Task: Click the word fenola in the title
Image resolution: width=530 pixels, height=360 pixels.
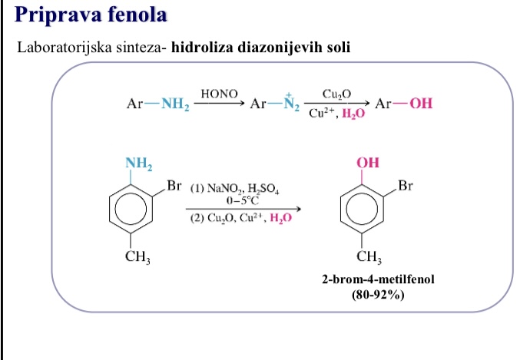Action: point(138,15)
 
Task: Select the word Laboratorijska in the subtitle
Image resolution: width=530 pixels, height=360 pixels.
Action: point(65,48)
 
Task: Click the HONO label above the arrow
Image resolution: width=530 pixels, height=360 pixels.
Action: point(220,94)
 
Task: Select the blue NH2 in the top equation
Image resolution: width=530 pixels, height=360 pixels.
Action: point(175,104)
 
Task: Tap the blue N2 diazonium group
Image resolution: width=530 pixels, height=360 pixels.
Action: point(291,103)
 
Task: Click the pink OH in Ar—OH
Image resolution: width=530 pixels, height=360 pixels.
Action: point(421,103)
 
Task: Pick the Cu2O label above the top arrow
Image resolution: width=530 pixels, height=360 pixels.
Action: point(336,94)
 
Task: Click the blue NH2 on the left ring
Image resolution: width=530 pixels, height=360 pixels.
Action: point(138,163)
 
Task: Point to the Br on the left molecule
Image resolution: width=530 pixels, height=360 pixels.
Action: point(174,186)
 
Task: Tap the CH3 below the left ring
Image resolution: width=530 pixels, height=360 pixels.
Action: point(137,257)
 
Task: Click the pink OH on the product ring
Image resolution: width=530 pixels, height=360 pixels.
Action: point(368,163)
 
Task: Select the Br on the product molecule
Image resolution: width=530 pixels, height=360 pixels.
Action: point(406,186)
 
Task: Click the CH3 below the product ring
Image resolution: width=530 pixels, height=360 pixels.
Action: point(369,257)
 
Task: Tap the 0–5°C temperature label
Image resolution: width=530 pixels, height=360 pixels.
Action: point(243,200)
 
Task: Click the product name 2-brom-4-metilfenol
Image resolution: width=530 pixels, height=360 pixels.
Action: point(378,279)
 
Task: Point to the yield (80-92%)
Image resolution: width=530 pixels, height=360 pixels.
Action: point(378,295)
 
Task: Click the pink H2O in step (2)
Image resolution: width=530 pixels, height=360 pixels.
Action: point(280,218)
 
